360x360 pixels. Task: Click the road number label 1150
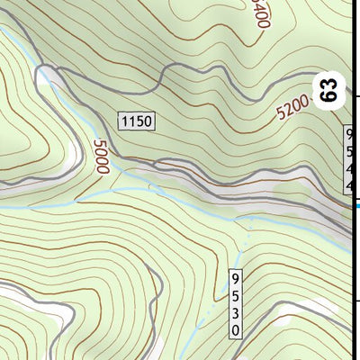pyautogui.click(x=136, y=121)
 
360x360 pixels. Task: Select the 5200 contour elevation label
pyautogui.click(x=292, y=111)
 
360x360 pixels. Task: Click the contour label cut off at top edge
pyautogui.click(x=261, y=13)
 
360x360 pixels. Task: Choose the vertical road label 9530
pyautogui.click(x=236, y=302)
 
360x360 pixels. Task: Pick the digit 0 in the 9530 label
pyautogui.click(x=236, y=329)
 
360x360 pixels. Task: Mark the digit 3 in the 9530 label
pyautogui.click(x=236, y=311)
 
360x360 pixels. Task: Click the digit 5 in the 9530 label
pyautogui.click(x=236, y=294)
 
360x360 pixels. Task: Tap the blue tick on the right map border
pyautogui.click(x=356, y=206)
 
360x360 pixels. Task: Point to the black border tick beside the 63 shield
pyautogui.click(x=356, y=96)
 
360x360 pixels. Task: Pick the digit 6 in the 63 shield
pyautogui.click(x=330, y=96)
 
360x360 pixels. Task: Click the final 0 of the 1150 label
pyautogui.click(x=148, y=121)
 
